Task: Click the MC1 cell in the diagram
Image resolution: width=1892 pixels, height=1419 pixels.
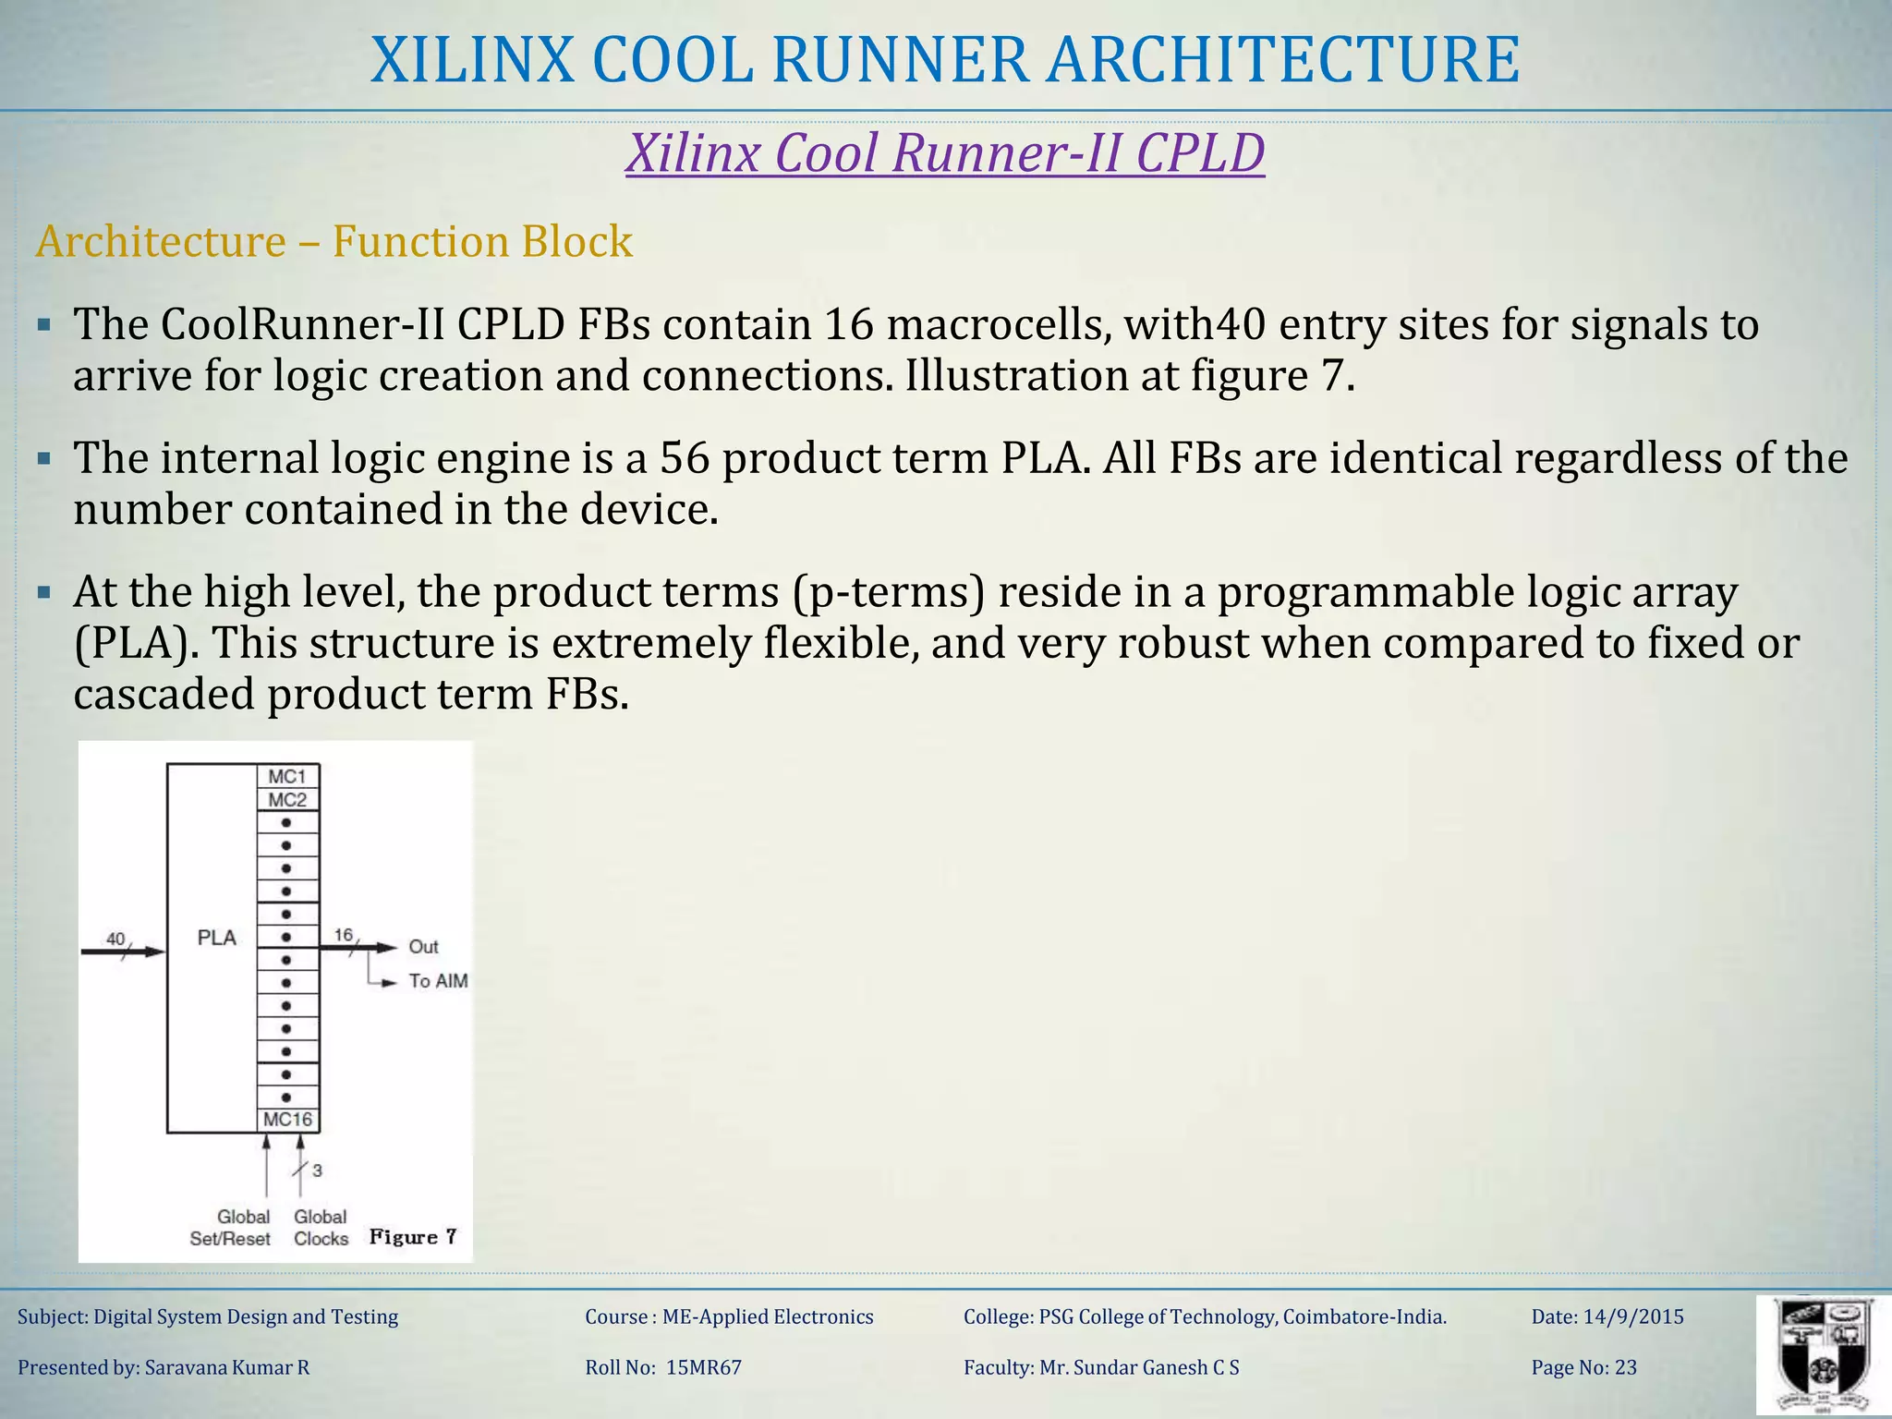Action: point(287,777)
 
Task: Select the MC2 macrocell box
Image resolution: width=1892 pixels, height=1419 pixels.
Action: point(287,800)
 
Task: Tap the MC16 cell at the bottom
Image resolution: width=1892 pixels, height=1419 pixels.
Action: point(288,1120)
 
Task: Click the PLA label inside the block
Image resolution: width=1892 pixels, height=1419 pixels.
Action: point(217,938)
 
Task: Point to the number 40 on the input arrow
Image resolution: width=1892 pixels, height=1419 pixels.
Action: point(115,939)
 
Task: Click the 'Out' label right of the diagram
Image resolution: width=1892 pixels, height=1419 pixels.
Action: point(423,947)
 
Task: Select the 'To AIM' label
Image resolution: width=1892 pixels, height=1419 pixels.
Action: point(438,981)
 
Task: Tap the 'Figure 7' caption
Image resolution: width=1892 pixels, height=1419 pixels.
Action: point(413,1237)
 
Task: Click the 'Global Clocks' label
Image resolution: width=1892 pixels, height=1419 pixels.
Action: point(321,1228)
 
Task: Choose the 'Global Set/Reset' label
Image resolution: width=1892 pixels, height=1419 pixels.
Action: point(231,1228)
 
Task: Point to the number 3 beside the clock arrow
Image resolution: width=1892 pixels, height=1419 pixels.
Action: point(317,1170)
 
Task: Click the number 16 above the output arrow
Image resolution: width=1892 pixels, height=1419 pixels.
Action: point(343,935)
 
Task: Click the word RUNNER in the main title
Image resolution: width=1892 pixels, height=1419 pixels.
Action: point(899,60)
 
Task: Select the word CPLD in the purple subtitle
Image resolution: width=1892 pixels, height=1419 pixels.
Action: point(1199,152)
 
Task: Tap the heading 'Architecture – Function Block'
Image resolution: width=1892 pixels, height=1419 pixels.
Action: point(334,241)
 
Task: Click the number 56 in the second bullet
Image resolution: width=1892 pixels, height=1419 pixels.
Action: point(685,458)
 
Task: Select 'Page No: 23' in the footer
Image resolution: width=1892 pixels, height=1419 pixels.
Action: point(1583,1367)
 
